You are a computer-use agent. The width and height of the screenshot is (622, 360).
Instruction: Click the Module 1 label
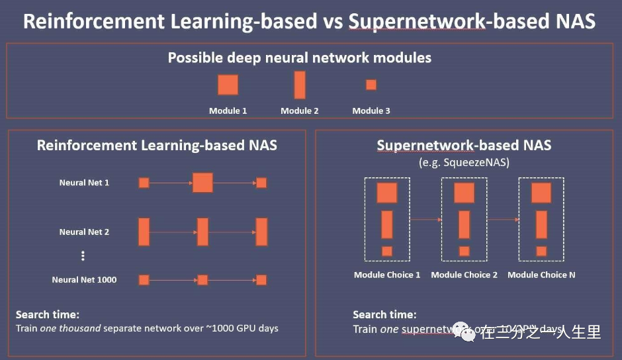228,111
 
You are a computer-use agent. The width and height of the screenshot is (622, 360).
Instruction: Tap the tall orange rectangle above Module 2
300,85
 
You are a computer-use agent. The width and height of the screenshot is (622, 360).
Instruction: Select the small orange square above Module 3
371,85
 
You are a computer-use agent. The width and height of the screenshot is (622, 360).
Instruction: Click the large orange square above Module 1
228,85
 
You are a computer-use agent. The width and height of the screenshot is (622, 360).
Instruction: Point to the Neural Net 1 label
84,183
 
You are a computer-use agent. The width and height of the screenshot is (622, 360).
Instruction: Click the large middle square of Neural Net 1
202,183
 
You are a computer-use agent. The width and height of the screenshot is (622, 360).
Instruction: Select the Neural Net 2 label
84,232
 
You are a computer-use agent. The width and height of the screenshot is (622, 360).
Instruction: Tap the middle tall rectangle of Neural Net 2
202,232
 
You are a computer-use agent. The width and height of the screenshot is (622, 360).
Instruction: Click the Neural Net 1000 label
84,280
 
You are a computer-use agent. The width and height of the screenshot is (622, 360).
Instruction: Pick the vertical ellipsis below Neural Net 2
83,256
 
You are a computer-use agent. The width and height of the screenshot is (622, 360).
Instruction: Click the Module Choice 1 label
387,275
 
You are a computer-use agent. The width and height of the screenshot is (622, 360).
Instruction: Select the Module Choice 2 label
464,275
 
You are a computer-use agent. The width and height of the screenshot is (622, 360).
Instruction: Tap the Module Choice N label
541,275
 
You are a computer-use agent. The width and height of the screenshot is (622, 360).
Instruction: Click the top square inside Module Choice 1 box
387,193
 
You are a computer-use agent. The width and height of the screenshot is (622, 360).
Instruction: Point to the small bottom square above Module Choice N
541,251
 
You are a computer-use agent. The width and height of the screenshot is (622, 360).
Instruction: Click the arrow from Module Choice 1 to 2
425,219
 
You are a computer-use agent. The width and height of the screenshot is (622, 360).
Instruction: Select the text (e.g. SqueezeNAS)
464,161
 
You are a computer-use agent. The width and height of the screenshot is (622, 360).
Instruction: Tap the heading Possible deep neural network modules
299,58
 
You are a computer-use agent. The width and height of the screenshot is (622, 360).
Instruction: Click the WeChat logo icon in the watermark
466,334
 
